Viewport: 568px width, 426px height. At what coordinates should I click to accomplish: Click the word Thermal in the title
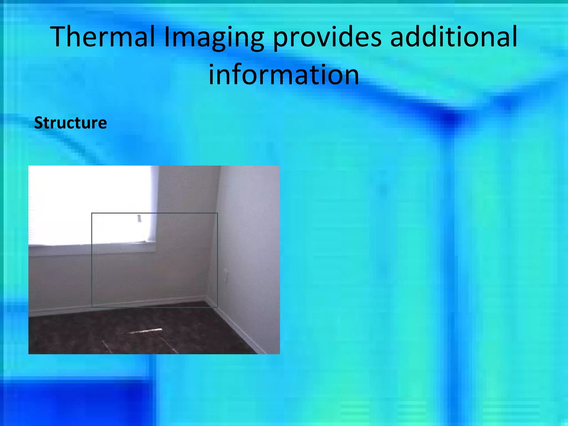click(x=103, y=37)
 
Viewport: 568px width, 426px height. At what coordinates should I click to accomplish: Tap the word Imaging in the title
click(x=214, y=37)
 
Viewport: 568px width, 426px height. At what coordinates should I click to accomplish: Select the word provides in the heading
click(x=327, y=37)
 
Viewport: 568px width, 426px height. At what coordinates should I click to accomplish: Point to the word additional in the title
click(x=453, y=37)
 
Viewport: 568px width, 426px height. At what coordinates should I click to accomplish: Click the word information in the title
click(x=284, y=74)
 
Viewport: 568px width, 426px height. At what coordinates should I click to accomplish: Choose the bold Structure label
click(x=70, y=123)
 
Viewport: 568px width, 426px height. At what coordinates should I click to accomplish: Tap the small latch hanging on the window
click(x=139, y=218)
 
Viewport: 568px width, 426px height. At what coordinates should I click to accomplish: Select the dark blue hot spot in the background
click(x=451, y=118)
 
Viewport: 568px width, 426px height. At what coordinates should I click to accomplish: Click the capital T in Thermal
click(x=59, y=37)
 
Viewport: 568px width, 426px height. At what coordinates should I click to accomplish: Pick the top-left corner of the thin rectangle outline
click(x=92, y=213)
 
